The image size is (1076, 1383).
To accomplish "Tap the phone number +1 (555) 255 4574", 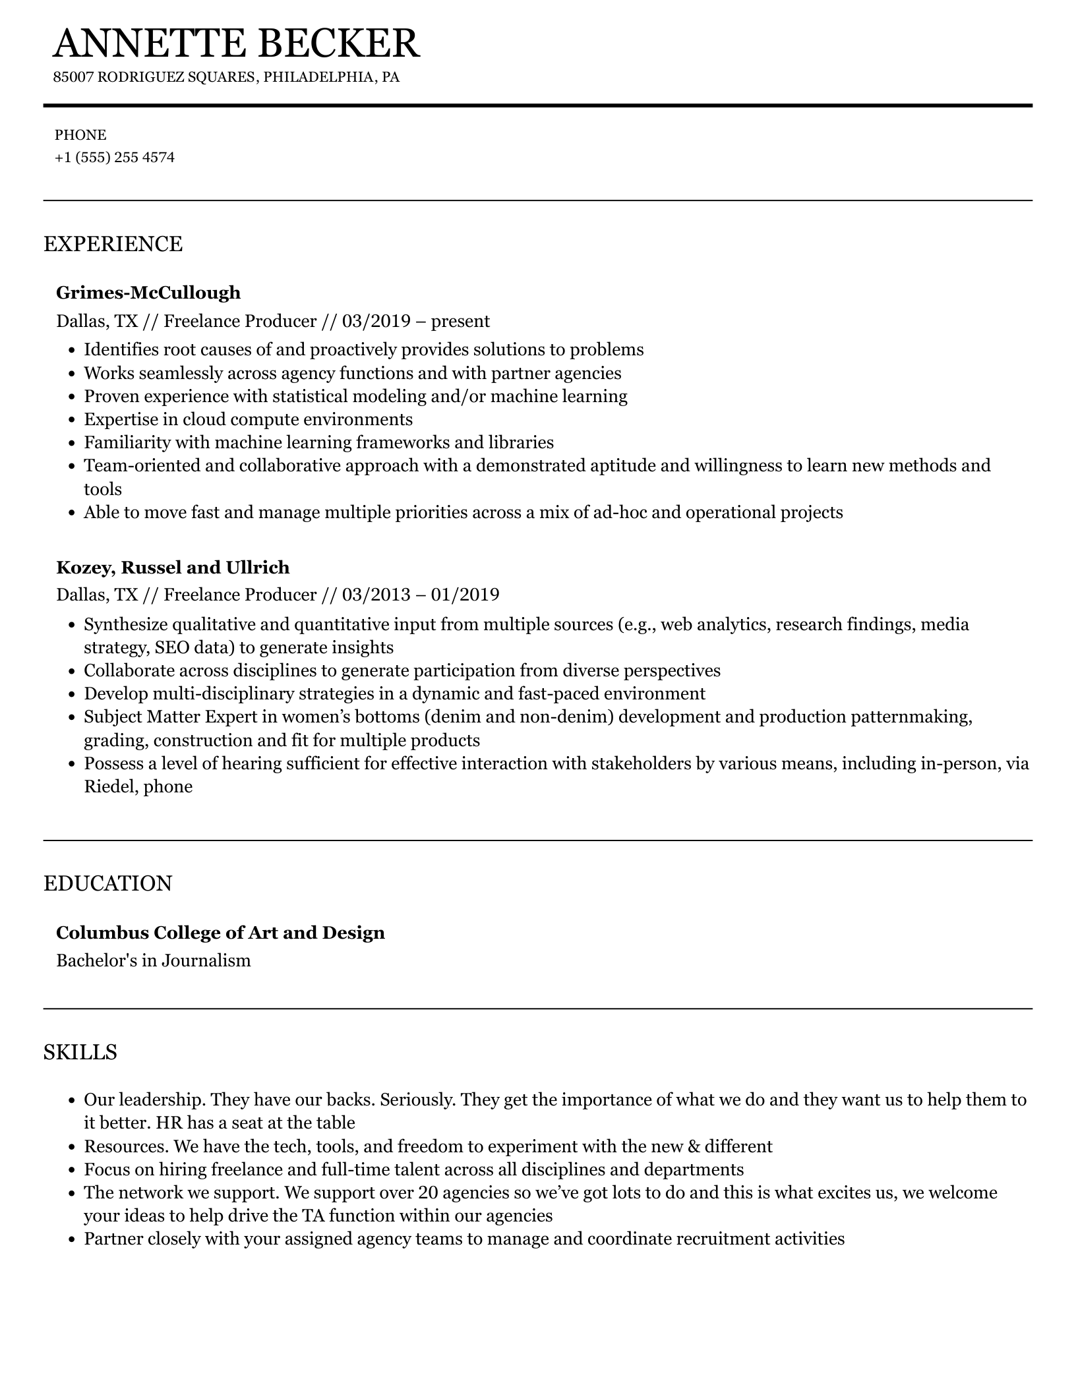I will pyautogui.click(x=115, y=158).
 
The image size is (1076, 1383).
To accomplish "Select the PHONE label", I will pyautogui.click(x=80, y=135).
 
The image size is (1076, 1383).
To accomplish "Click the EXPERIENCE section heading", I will pyautogui.click(x=113, y=244).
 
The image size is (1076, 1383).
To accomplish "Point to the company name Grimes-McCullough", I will pyautogui.click(x=148, y=292).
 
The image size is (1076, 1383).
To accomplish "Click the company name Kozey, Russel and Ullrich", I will pyautogui.click(x=173, y=567).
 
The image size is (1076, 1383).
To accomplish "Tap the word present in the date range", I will pyautogui.click(x=460, y=321).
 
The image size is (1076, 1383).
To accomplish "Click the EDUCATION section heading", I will pyautogui.click(x=107, y=883).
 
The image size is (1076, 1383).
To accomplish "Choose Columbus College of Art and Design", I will pyautogui.click(x=220, y=932).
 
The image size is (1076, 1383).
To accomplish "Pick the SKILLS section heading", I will pyautogui.click(x=80, y=1052).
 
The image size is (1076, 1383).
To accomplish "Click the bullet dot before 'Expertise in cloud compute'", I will pyautogui.click(x=72, y=420).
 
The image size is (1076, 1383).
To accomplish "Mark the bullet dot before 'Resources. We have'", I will pyautogui.click(x=72, y=1147).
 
